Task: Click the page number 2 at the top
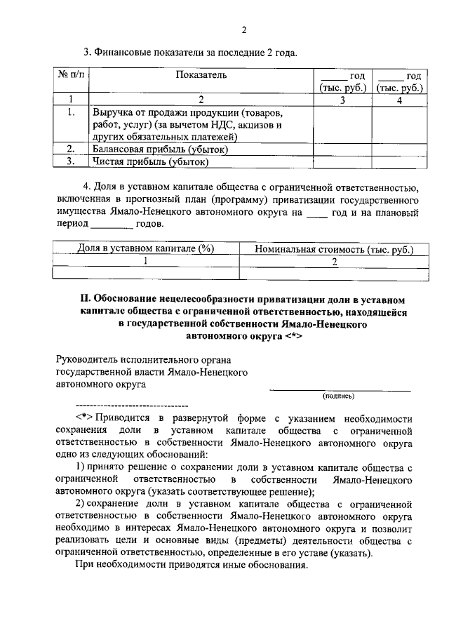pyautogui.click(x=243, y=29)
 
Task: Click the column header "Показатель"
pyautogui.click(x=201, y=75)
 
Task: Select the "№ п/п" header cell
pyautogui.click(x=70, y=75)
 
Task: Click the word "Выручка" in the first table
pyautogui.click(x=113, y=112)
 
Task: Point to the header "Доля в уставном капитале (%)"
pyautogui.click(x=145, y=249)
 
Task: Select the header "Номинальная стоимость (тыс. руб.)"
pyautogui.click(x=334, y=249)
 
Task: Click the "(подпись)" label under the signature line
pyautogui.click(x=339, y=397)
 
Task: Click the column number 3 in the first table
pyautogui.click(x=342, y=99)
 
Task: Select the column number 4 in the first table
pyautogui.click(x=398, y=99)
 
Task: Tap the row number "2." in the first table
pyautogui.click(x=70, y=149)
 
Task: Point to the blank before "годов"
pyautogui.click(x=112, y=225)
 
